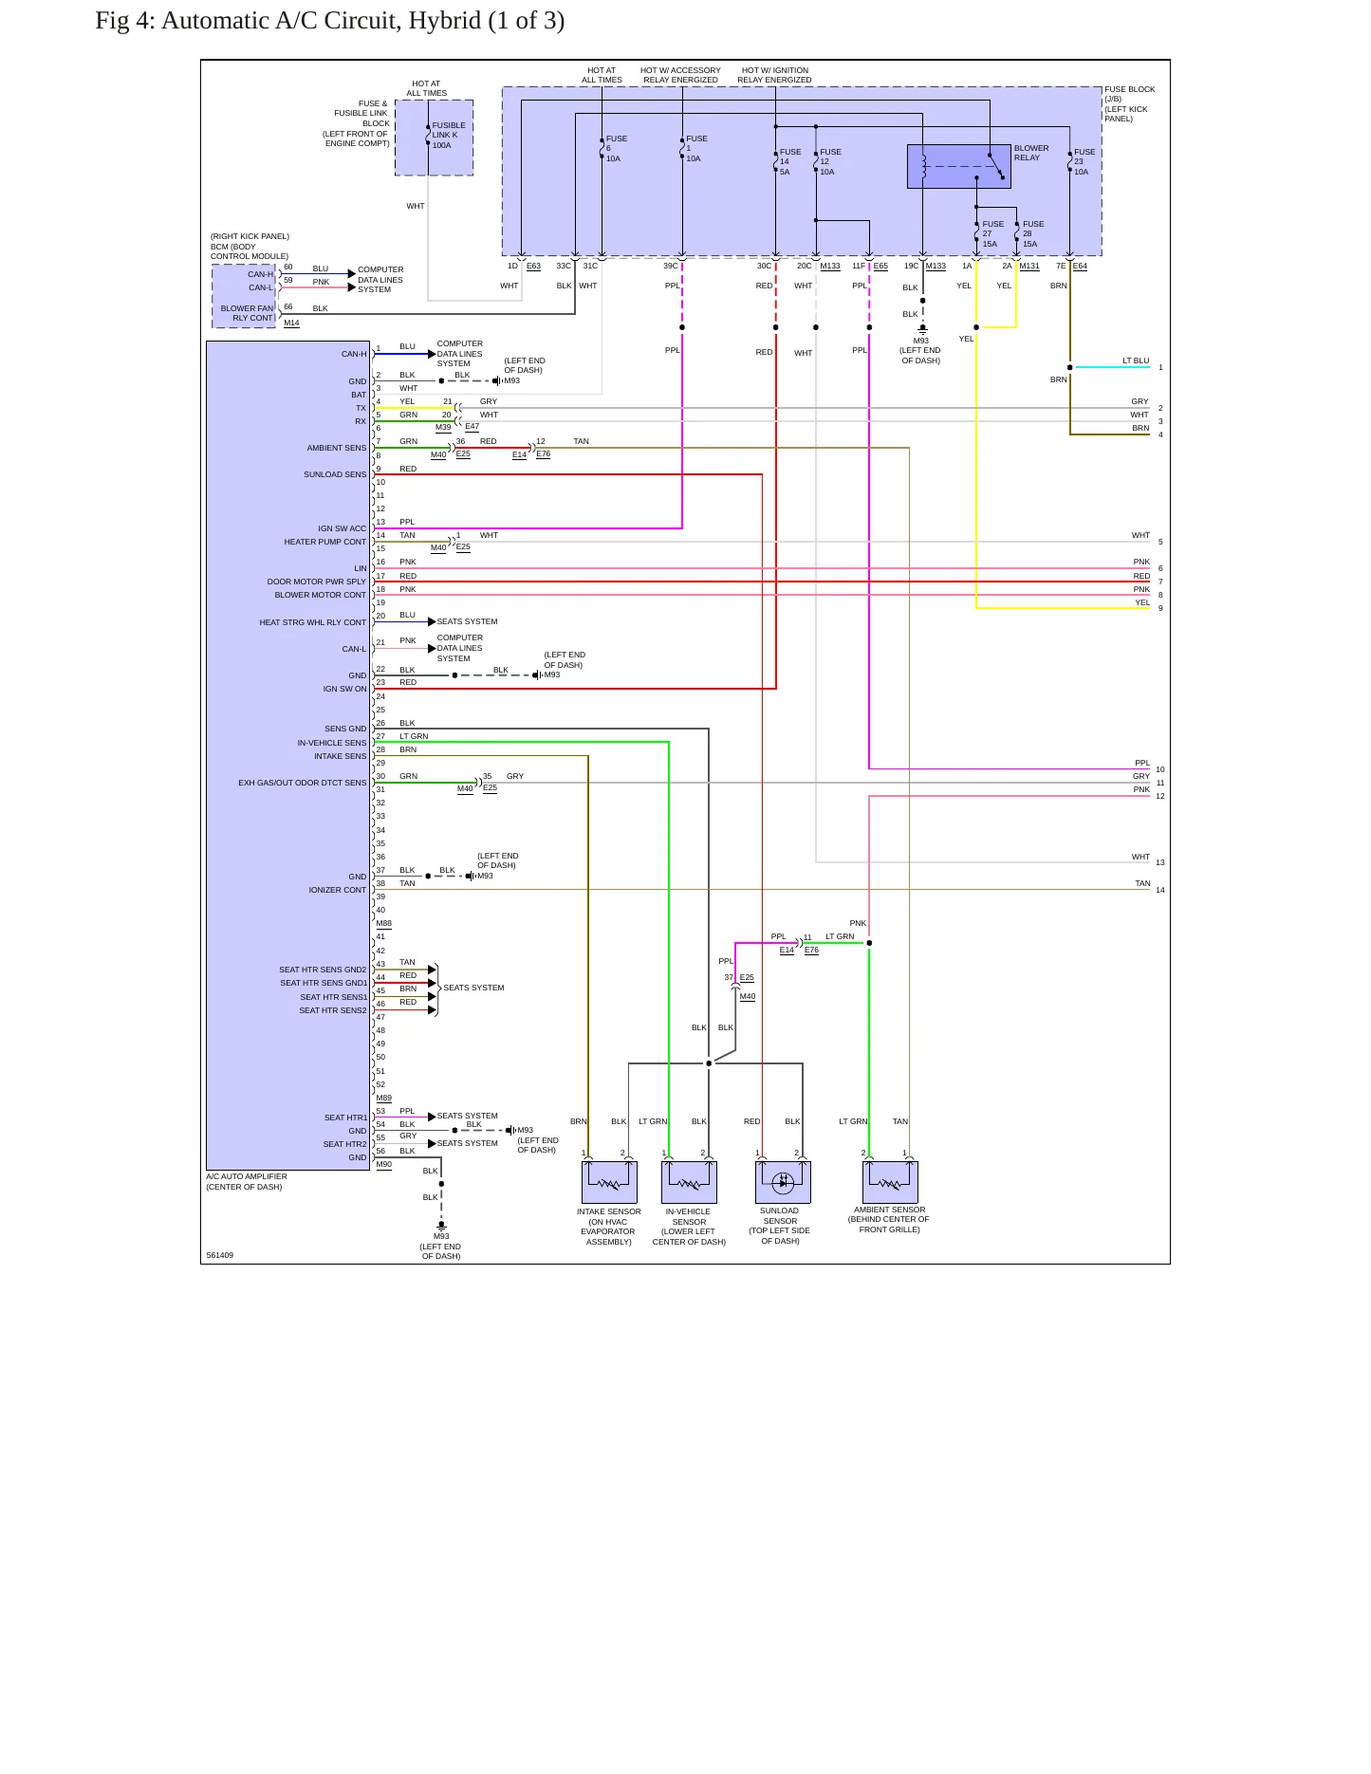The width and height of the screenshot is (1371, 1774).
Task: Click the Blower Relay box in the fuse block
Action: point(958,167)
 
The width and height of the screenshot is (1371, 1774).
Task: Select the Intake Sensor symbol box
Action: point(609,1182)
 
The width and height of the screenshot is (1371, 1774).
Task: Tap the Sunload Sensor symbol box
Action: point(783,1182)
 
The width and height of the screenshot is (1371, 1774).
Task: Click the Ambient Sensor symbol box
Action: point(890,1182)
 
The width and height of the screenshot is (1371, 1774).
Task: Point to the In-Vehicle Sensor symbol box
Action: point(689,1182)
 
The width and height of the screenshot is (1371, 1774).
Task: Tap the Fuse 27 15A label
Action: point(992,233)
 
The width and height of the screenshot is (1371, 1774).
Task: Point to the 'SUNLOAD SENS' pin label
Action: point(335,474)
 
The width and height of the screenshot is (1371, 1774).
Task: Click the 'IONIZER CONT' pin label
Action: point(337,890)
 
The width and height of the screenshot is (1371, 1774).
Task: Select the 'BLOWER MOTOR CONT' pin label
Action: point(320,595)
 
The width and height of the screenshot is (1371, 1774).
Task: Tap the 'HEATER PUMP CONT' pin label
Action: point(324,542)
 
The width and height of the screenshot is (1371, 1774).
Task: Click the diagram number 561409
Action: point(220,1255)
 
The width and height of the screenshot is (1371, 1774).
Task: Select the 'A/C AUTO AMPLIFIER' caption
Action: point(247,1176)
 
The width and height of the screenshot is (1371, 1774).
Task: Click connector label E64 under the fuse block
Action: point(1080,267)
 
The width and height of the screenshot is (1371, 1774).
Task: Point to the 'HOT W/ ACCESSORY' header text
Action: point(680,70)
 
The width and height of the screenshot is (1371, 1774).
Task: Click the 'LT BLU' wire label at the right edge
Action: point(1136,360)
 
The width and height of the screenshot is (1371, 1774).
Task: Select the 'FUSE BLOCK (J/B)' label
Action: point(1129,94)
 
